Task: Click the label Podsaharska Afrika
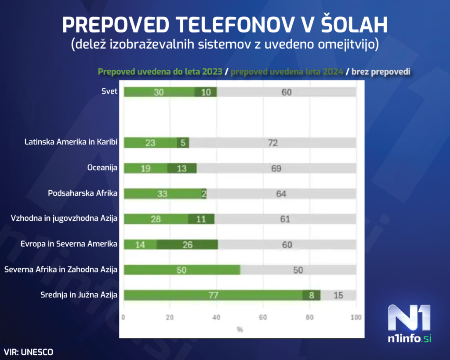(x=83, y=193)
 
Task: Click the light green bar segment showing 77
(x=213, y=295)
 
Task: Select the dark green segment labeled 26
(x=188, y=244)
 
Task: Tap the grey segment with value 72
(x=272, y=143)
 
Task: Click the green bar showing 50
(x=182, y=270)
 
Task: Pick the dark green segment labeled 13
(x=182, y=168)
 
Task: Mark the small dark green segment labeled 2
(x=204, y=194)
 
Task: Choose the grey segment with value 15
(x=338, y=295)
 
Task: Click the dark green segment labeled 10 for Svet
(x=206, y=92)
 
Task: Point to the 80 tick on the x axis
(x=309, y=317)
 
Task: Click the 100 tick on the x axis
(x=356, y=317)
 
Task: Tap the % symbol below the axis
(x=240, y=329)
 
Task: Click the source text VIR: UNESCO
(x=29, y=352)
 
